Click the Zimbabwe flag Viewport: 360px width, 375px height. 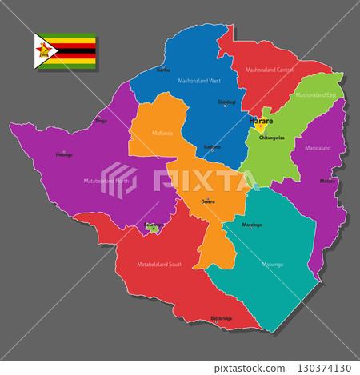65,52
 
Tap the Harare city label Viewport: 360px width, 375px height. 262,121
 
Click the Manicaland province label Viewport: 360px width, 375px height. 318,148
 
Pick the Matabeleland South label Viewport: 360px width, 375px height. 159,264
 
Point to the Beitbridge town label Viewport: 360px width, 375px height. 222,318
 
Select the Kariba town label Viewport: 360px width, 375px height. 163,70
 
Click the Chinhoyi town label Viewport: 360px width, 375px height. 226,102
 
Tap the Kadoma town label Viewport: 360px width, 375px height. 212,147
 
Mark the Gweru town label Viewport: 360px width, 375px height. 208,202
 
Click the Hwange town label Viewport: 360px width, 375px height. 63,154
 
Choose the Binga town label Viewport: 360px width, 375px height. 101,121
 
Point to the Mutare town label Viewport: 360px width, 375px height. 327,181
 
